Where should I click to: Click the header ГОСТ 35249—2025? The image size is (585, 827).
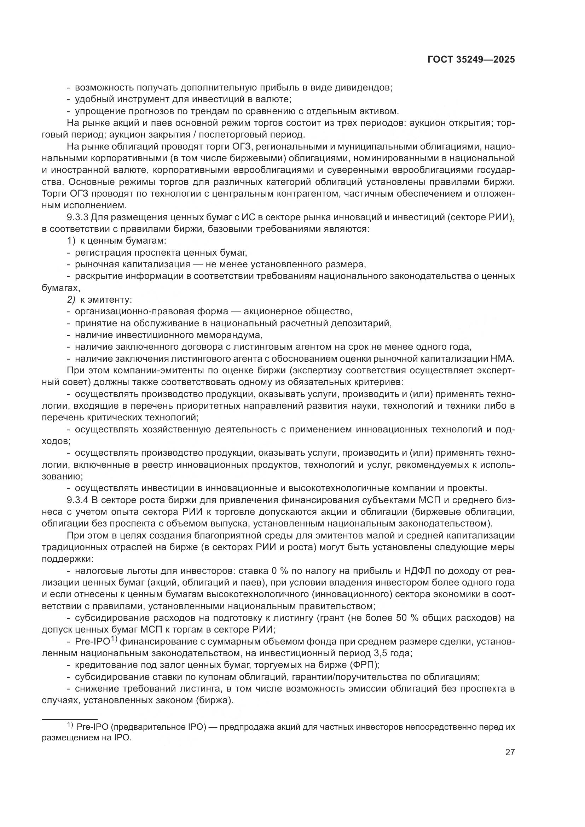(x=471, y=60)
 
